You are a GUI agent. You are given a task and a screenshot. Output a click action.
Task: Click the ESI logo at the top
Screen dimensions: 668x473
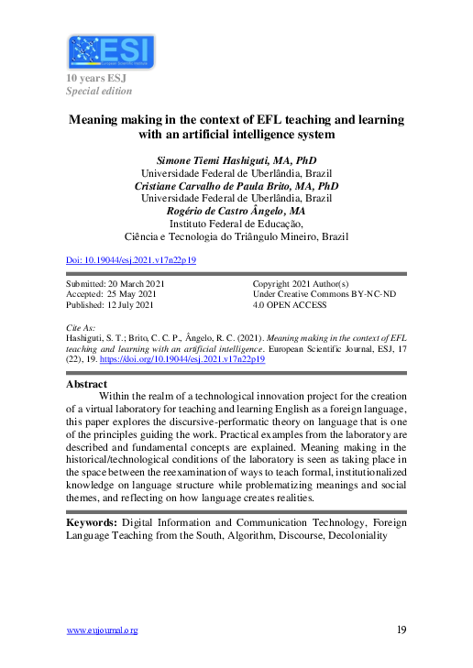pos(111,52)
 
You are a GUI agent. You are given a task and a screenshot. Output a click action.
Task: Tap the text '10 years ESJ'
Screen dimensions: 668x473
pos(94,78)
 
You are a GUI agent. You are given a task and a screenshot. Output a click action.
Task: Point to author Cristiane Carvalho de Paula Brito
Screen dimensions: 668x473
pos(236,185)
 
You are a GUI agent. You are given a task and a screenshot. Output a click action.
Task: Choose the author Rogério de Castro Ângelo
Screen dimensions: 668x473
pos(236,210)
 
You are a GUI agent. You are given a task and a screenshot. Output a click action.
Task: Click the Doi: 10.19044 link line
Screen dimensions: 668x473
pos(131,260)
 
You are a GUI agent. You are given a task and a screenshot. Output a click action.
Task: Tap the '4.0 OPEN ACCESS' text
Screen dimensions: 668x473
pos(289,307)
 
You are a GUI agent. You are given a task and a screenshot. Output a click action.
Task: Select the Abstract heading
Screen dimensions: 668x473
pos(88,385)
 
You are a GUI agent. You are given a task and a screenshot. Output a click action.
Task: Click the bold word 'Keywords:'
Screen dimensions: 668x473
pos(91,521)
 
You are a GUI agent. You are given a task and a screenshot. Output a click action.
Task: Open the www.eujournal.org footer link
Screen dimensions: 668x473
pos(102,630)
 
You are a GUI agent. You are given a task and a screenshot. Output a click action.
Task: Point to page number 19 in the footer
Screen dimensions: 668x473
pos(401,630)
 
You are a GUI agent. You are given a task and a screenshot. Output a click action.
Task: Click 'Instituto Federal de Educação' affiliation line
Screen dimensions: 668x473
pos(236,223)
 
